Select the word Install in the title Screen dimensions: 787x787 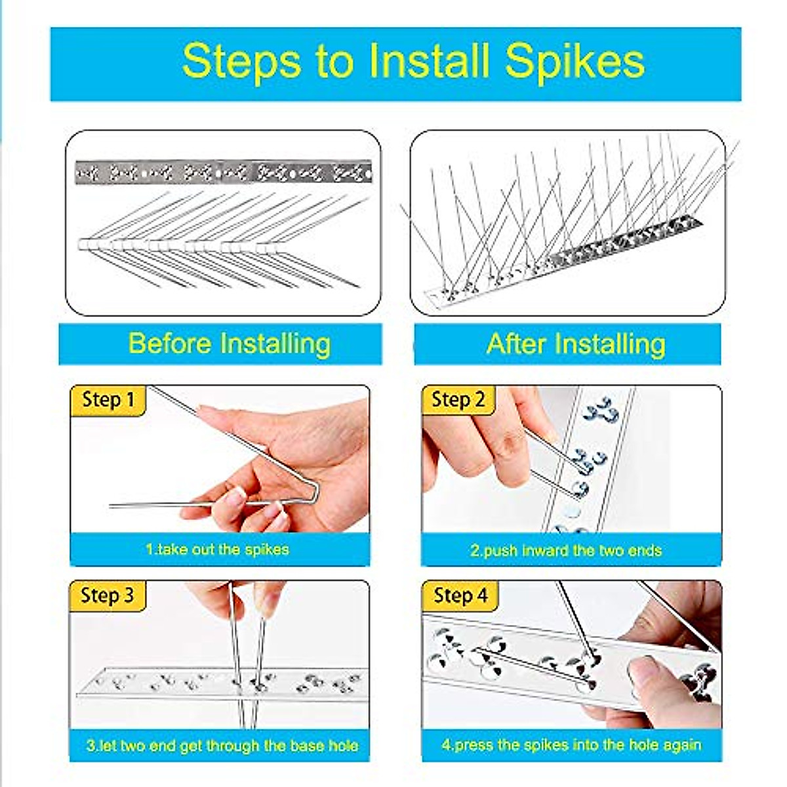click(429, 61)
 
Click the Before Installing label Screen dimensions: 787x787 click(229, 344)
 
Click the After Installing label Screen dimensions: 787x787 click(575, 344)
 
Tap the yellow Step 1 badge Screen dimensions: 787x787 click(108, 400)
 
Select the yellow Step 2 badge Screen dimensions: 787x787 click(458, 400)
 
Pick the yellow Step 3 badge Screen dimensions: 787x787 click(107, 595)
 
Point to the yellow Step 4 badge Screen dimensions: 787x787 click(460, 595)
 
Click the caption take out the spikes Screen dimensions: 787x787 click(217, 549)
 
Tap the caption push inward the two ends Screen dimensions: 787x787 click(565, 550)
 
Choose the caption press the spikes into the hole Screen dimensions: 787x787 click(571, 745)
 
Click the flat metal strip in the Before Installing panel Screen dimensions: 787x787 click(223, 172)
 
